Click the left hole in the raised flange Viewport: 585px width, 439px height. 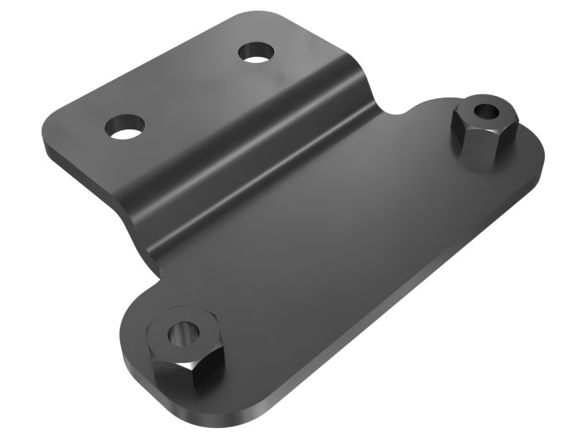(x=124, y=127)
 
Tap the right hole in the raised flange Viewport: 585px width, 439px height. (x=255, y=53)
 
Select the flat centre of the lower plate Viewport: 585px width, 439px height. (x=344, y=241)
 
